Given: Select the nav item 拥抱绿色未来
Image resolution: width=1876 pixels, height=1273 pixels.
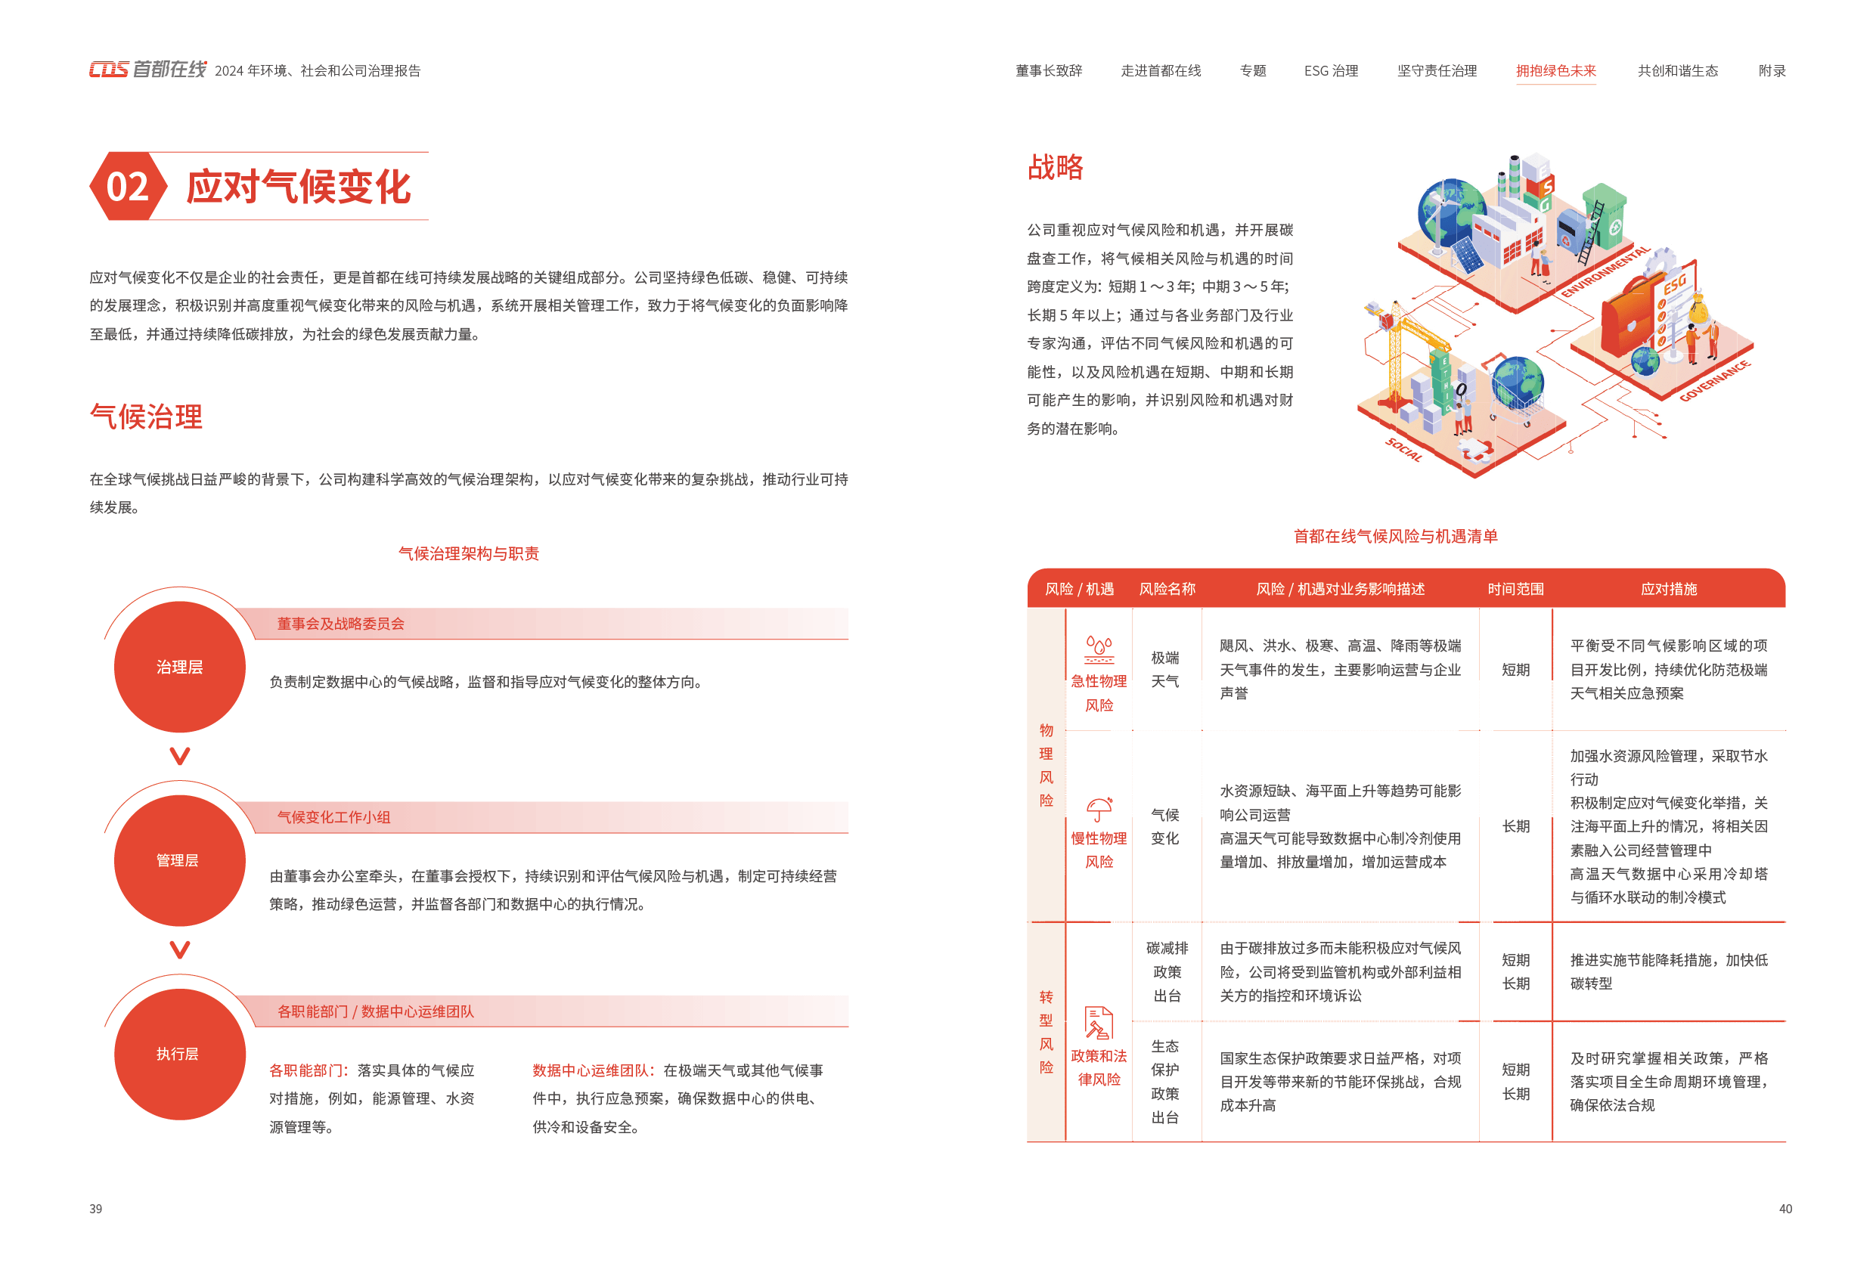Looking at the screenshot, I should [1555, 71].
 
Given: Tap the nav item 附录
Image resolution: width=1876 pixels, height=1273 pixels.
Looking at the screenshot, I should [1772, 71].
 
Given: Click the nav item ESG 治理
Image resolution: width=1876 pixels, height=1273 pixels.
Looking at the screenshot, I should [1331, 71].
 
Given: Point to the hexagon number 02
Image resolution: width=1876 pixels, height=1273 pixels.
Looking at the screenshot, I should [128, 187].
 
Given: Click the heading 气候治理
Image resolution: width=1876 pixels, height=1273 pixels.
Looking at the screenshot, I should [146, 417].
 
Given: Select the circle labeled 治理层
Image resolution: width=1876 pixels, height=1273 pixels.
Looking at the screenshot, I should [179, 667].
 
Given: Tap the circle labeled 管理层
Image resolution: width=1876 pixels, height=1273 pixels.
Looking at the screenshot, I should [179, 860].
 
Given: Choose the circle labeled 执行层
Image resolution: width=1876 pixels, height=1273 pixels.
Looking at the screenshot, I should [179, 1055].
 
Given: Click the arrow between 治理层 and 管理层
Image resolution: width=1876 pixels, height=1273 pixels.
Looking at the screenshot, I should [179, 757].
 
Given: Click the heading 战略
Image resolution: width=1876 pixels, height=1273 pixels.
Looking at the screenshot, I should [1056, 167].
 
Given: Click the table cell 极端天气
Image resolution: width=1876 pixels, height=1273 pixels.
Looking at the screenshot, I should [1164, 669].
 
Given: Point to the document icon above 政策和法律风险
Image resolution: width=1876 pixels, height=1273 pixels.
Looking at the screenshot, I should [1099, 1023].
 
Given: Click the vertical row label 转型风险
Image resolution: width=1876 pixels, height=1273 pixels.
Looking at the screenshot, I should [1047, 1032].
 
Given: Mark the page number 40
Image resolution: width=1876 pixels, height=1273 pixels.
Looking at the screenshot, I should [1785, 1209].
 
